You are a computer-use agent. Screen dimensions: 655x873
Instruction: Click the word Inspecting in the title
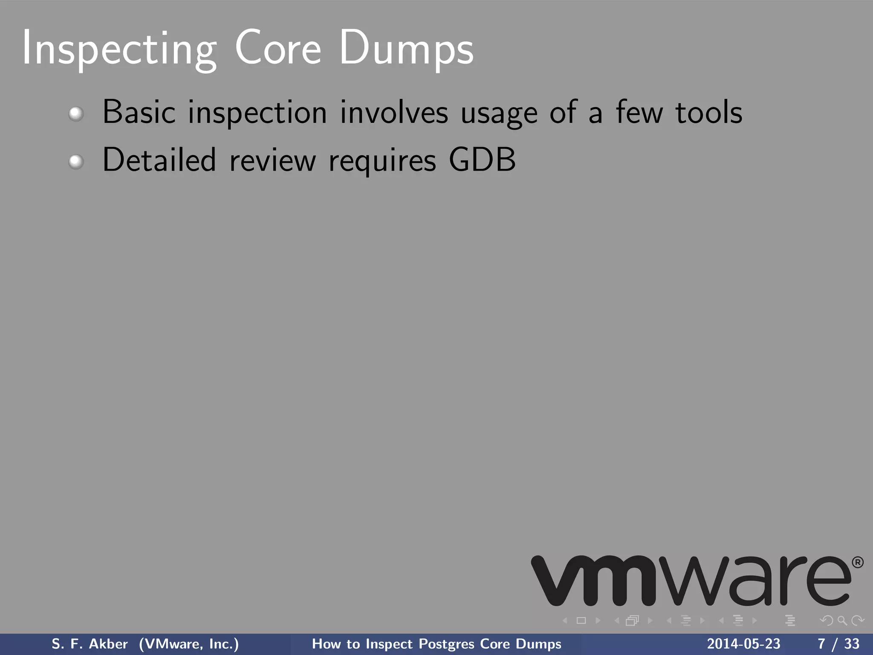click(x=119, y=49)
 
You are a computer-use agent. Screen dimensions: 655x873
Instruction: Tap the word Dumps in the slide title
click(x=406, y=49)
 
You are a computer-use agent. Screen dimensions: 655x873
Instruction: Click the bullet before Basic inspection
click(x=76, y=114)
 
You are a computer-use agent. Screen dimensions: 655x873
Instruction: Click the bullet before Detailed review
click(x=76, y=162)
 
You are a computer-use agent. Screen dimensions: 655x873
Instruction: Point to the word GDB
click(x=482, y=160)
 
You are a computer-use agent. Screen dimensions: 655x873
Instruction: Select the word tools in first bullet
click(x=709, y=112)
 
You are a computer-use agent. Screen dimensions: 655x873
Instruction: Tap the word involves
click(x=394, y=112)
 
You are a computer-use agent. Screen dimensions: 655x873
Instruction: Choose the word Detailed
click(x=159, y=160)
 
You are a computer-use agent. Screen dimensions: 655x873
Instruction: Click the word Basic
click(x=139, y=112)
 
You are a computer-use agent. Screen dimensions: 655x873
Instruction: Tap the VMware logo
click(x=691, y=581)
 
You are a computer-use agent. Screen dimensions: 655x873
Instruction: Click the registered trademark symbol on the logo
click(x=858, y=563)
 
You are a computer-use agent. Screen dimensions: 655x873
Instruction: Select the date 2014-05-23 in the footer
click(x=743, y=644)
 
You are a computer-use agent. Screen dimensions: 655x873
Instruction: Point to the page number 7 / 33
click(x=838, y=644)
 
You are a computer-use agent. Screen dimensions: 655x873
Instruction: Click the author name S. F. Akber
click(x=90, y=644)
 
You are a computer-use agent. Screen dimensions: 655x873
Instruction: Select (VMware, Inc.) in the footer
click(x=189, y=644)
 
